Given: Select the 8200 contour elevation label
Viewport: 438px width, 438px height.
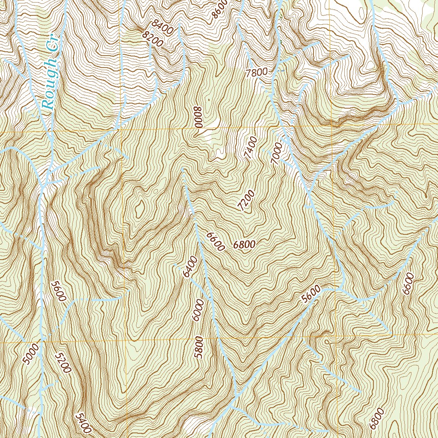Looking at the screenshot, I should pos(153,39).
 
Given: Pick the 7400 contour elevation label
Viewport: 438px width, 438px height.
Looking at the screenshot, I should pos(251,148).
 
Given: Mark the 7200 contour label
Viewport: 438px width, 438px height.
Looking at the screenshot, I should pos(247,201).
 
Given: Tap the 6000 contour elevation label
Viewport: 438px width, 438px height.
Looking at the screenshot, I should pos(197,309).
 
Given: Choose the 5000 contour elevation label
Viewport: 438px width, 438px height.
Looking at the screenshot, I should pos(32,354).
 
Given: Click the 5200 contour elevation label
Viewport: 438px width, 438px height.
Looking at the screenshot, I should pos(62,363).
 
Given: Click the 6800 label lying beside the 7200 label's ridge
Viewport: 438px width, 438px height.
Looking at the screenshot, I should pos(245,245).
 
